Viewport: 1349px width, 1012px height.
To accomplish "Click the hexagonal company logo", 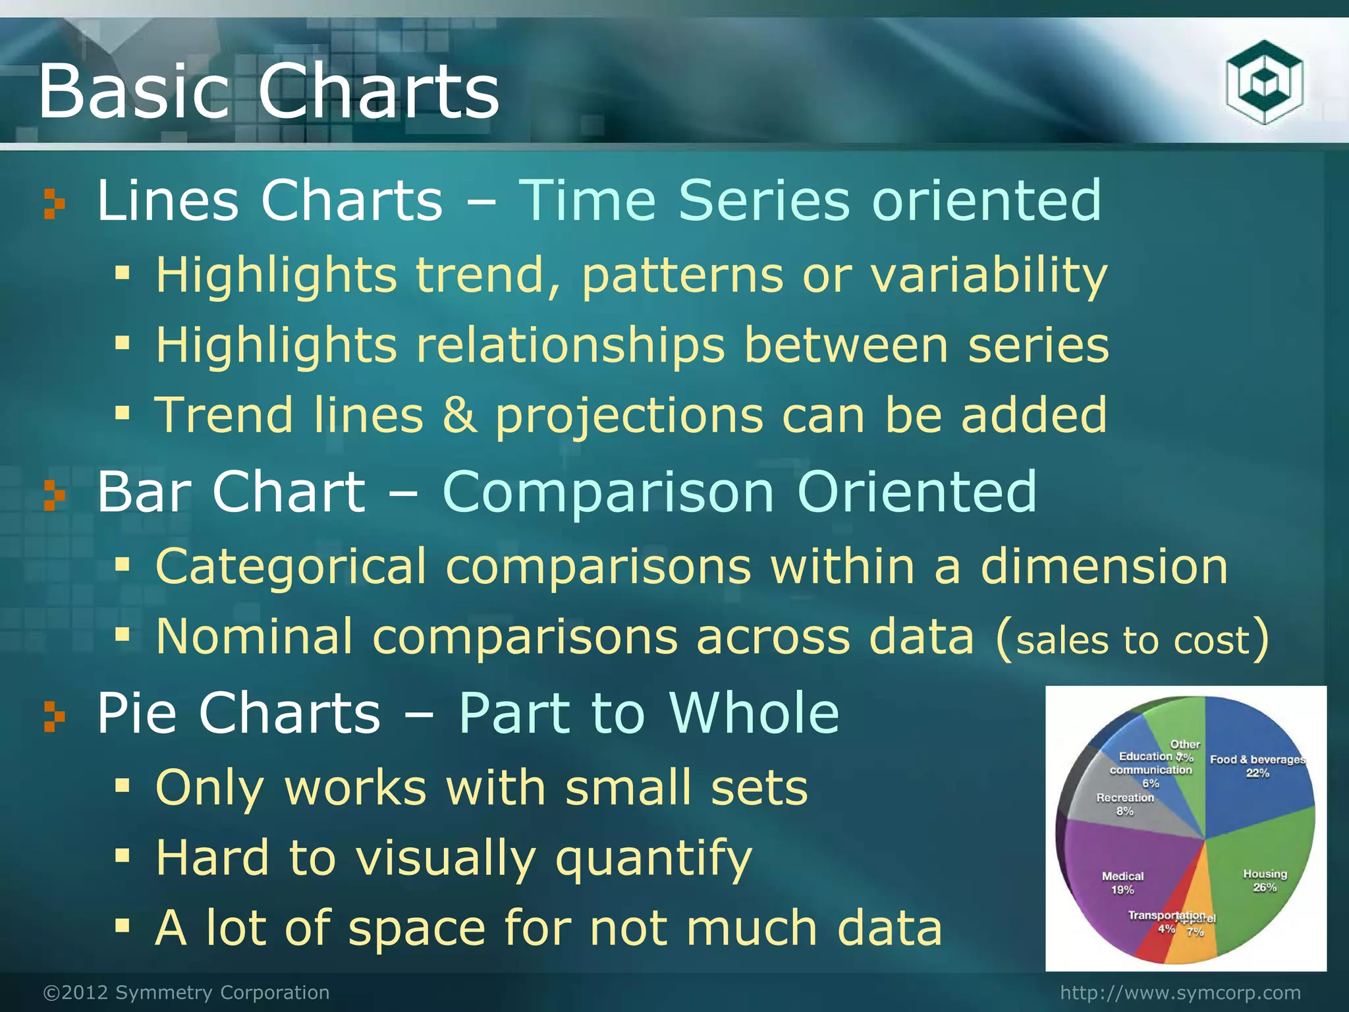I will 1264,82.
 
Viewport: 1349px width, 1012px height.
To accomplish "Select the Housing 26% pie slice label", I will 1265,880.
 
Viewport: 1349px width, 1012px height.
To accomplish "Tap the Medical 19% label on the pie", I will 1122,883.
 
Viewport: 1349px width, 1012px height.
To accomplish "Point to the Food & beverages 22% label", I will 1257,766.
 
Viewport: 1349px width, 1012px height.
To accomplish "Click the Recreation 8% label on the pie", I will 1125,804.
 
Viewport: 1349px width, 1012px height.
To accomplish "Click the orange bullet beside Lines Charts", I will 54,204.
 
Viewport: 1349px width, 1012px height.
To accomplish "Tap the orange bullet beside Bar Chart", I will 54,495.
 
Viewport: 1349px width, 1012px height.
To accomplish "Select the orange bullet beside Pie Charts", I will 54,717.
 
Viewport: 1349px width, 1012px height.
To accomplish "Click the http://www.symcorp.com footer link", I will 1180,992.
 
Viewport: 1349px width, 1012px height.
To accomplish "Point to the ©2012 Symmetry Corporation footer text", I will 186,992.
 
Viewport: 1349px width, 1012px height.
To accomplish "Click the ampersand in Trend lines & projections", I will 459,415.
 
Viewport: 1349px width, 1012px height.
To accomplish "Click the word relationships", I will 570,345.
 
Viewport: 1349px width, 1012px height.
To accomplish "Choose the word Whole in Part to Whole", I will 754,713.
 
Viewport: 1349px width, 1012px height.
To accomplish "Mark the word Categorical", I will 290,567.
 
